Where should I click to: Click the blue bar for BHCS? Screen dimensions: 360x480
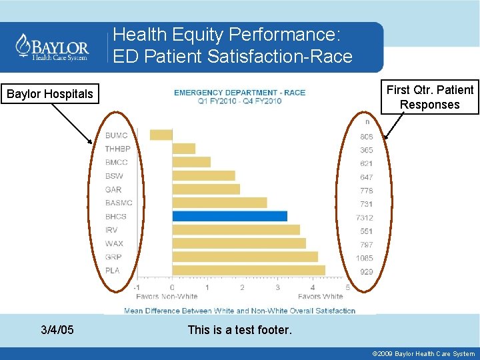pos(229,216)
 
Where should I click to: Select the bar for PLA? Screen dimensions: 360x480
pos(249,270)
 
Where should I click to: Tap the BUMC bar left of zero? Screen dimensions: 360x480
pos(161,135)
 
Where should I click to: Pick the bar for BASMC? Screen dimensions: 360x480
pos(219,203)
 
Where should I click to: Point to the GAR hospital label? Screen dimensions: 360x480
pos(113,189)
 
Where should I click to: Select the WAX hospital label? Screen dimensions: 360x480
pos(114,243)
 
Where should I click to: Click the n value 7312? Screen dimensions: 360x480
pos(365,217)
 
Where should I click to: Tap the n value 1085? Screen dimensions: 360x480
pos(365,258)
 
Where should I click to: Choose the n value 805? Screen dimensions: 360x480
pos(366,137)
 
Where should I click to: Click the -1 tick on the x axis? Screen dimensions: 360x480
pos(136,287)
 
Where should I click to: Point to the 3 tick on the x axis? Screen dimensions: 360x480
pos(277,287)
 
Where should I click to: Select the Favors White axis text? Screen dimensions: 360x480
pos(320,296)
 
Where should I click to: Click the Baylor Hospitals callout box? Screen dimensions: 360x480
pos(50,94)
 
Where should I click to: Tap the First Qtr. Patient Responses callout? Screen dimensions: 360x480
pos(429,97)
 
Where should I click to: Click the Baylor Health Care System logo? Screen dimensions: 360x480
pos(53,47)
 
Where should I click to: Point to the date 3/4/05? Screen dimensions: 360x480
pos(57,329)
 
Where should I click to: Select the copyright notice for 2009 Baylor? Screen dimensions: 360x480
pos(423,354)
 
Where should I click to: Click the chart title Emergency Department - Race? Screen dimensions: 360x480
pos(239,93)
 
